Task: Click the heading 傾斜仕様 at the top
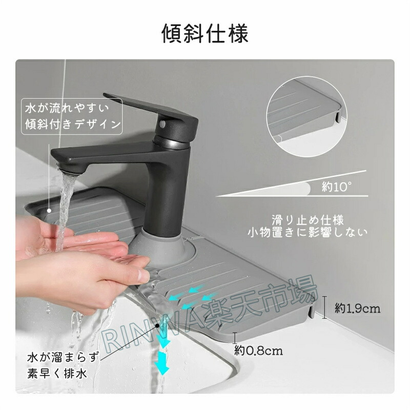point(204,33)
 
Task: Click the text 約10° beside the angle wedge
point(337,187)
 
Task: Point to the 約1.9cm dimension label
point(357,309)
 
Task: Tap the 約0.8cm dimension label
point(258,351)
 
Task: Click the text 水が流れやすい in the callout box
point(67,108)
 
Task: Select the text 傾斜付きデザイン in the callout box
point(72,124)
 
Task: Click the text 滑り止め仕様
point(308,220)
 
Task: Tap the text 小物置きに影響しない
point(308,232)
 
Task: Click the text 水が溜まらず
point(64,357)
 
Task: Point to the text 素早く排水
point(57,374)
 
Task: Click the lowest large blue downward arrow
point(161,364)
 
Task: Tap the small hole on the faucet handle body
point(162,124)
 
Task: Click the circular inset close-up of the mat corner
point(306,117)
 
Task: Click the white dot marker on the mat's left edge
point(49,211)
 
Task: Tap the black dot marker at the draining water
point(157,325)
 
